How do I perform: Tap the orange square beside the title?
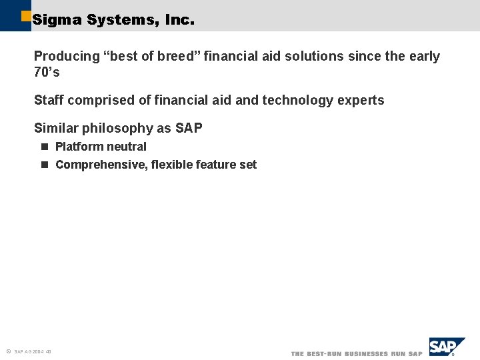26,15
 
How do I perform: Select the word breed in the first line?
176,57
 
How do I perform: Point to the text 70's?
47,73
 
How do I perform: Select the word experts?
361,101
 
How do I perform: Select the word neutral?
127,147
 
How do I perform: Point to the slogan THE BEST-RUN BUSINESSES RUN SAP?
357,353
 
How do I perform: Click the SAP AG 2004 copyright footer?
30,351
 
